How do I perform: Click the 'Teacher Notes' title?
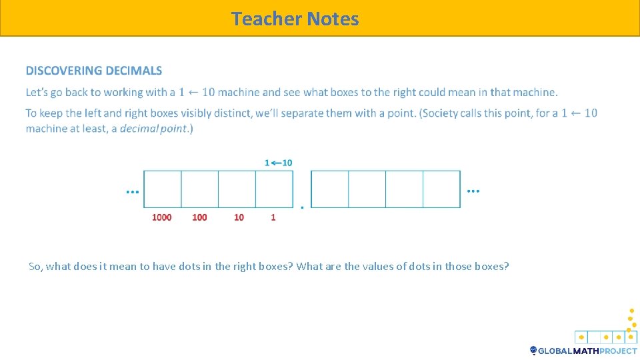pyautogui.click(x=295, y=19)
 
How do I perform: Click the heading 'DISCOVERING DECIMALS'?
pyautogui.click(x=94, y=71)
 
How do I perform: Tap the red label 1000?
pyautogui.click(x=161, y=217)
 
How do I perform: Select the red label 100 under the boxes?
pyautogui.click(x=199, y=217)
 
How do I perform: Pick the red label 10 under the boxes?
pyautogui.click(x=239, y=217)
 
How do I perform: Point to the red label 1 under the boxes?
pyautogui.click(x=273, y=217)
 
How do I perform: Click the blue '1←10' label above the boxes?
pyautogui.click(x=279, y=163)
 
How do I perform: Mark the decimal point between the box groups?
pyautogui.click(x=301, y=208)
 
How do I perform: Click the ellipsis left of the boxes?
pyautogui.click(x=133, y=191)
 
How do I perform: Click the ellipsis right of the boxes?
pyautogui.click(x=473, y=191)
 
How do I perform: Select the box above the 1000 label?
pyautogui.click(x=163, y=189)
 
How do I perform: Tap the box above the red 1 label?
pyautogui.click(x=274, y=189)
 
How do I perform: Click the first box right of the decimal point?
pyautogui.click(x=330, y=189)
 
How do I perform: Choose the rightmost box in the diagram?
pyautogui.click(x=441, y=189)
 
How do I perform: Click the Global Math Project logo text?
pyautogui.click(x=587, y=351)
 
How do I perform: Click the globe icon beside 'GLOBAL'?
pyautogui.click(x=533, y=351)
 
